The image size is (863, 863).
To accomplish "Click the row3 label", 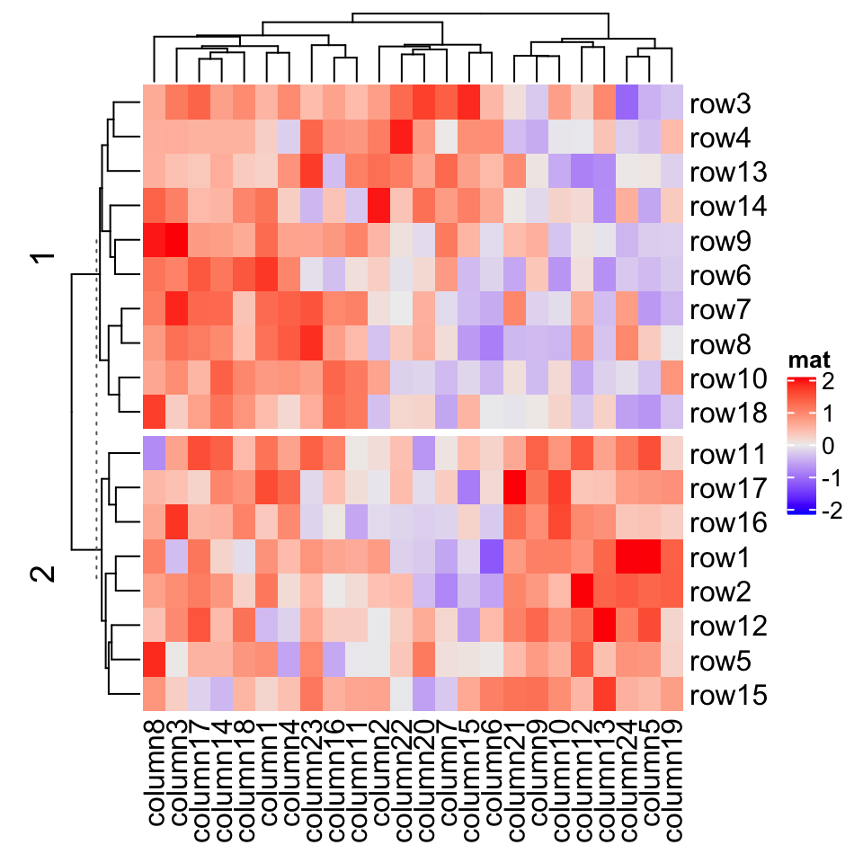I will tap(720, 104).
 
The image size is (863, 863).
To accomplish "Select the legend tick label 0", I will tap(826, 446).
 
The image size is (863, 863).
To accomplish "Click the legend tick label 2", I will tap(826, 381).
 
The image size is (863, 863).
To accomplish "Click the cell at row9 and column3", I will tap(176, 241).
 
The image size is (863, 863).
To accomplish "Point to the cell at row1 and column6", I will tap(492, 557).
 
